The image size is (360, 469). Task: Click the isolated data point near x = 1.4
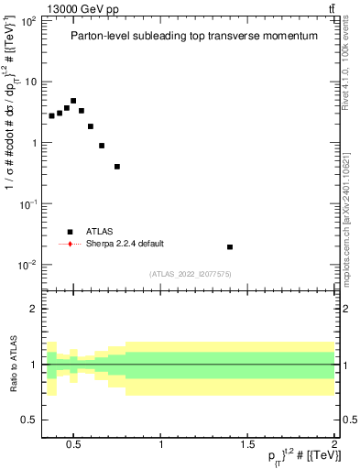(x=230, y=246)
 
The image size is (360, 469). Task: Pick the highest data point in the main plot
(x=73, y=101)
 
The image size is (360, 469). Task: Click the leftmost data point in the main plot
(x=51, y=116)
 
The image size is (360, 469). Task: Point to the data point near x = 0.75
(x=117, y=167)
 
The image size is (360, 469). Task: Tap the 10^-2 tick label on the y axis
(x=27, y=266)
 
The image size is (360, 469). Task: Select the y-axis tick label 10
(x=29, y=82)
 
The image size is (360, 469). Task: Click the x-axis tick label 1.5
(x=248, y=445)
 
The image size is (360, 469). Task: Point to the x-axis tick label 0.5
(x=75, y=445)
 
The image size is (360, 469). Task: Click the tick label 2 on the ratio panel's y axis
(x=34, y=309)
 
